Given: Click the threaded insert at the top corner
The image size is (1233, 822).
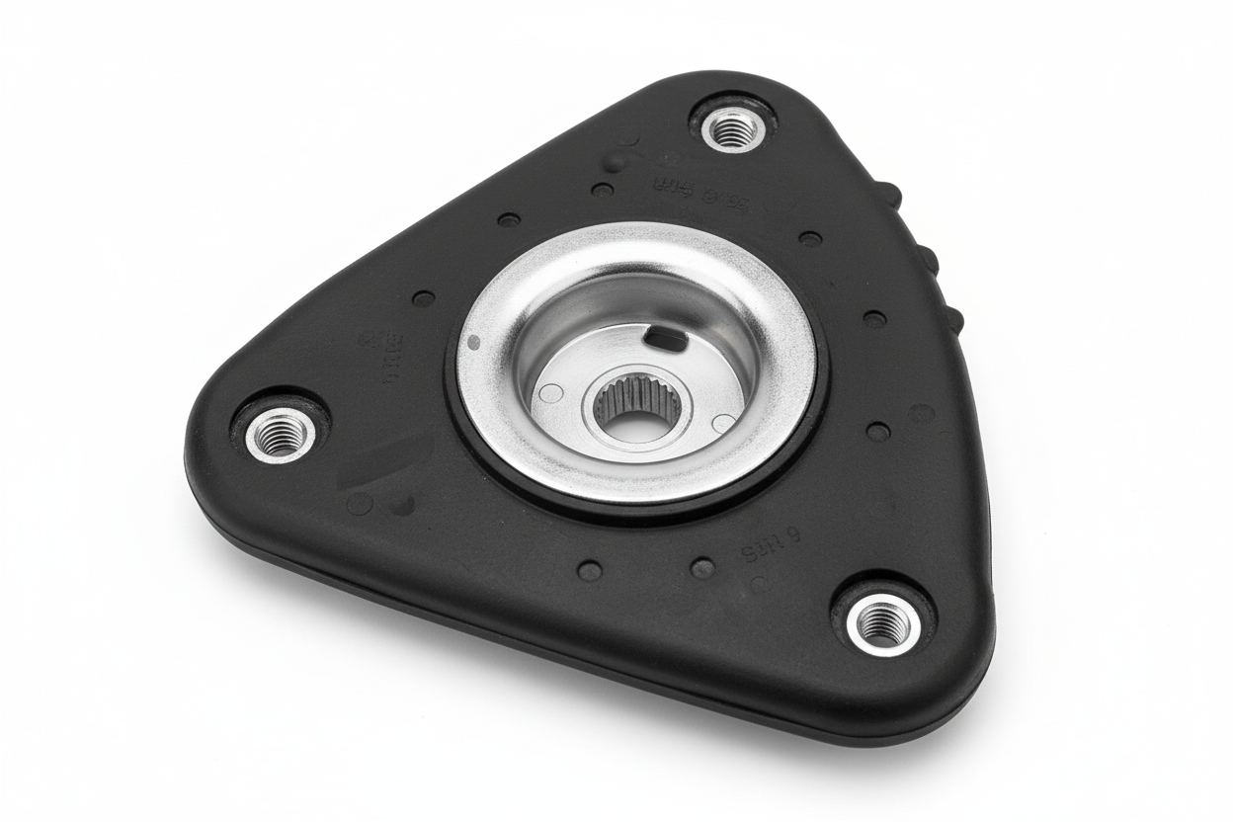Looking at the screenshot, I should (x=734, y=127).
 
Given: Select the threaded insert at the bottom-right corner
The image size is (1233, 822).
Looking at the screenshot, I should (x=879, y=622).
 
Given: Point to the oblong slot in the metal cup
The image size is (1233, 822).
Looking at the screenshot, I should (x=664, y=341).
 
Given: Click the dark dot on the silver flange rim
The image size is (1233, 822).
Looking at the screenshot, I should (x=473, y=342).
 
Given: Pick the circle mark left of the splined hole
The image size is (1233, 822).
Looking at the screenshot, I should (x=552, y=393).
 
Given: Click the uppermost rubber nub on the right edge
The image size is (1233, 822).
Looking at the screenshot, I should (x=888, y=192).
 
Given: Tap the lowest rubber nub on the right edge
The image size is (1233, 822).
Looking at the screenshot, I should (x=951, y=318).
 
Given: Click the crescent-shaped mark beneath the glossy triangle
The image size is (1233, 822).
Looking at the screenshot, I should (x=403, y=505).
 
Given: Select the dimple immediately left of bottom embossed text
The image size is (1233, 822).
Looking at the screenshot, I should (x=702, y=567).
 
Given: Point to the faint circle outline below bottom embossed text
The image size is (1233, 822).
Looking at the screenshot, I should (x=759, y=584).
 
